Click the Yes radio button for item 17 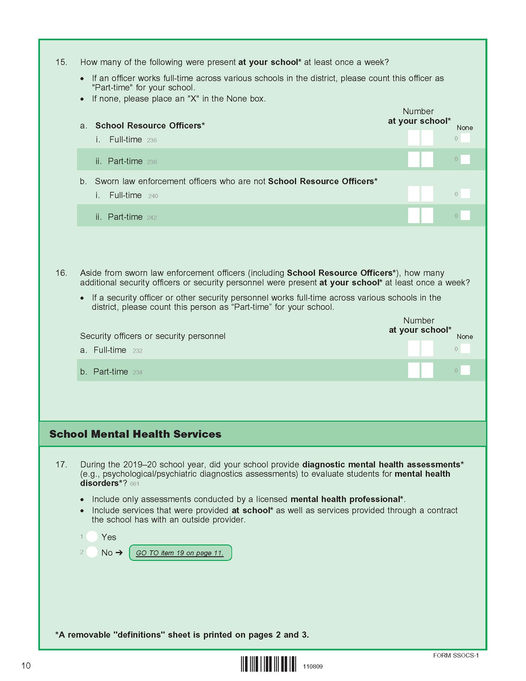[x=92, y=536]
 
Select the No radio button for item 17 [x=92, y=552]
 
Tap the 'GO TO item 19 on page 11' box [x=180, y=553]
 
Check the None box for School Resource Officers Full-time [x=465, y=138]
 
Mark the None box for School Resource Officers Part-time [x=465, y=159]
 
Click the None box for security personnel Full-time [x=465, y=348]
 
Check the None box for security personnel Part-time [x=465, y=370]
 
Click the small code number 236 [x=152, y=140]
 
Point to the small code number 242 [x=152, y=218]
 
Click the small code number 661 [x=135, y=484]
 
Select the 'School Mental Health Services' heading [x=135, y=434]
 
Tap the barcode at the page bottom [x=268, y=664]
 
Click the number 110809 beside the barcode [x=313, y=667]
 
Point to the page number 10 [x=26, y=666]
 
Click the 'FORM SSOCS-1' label [x=455, y=655]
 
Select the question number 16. [x=61, y=273]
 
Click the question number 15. [x=61, y=62]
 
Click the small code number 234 [x=137, y=372]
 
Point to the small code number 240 [x=153, y=196]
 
